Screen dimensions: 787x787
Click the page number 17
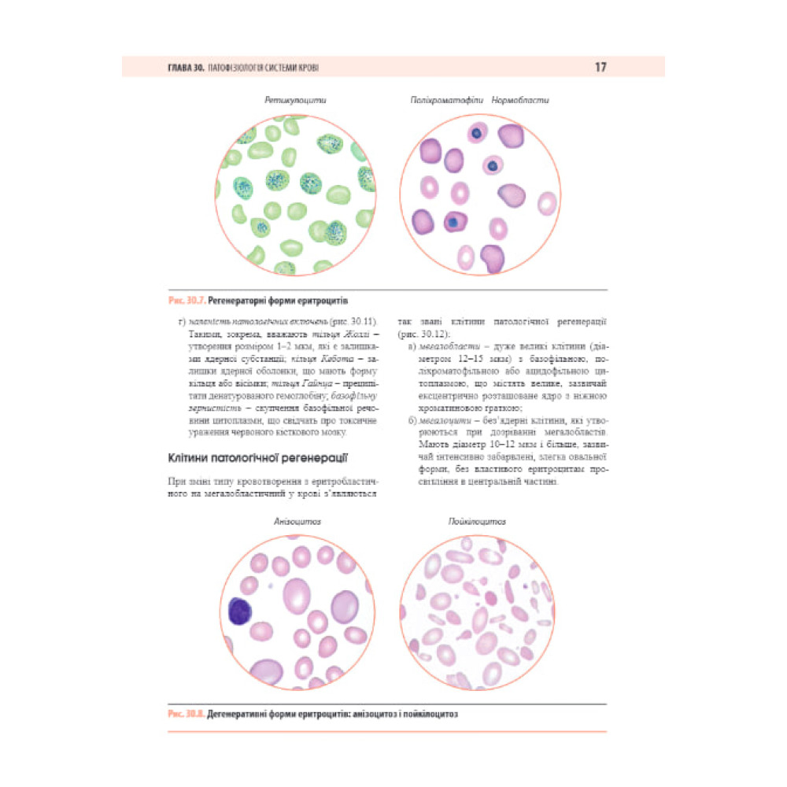(x=600, y=68)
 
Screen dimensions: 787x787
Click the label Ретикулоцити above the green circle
(x=295, y=101)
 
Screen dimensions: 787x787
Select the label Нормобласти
(x=520, y=101)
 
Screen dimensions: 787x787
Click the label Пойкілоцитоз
(x=476, y=521)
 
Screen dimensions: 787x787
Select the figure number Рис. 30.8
(x=187, y=715)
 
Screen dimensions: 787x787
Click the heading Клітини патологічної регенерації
(x=259, y=458)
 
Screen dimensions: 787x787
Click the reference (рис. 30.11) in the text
(x=357, y=321)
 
